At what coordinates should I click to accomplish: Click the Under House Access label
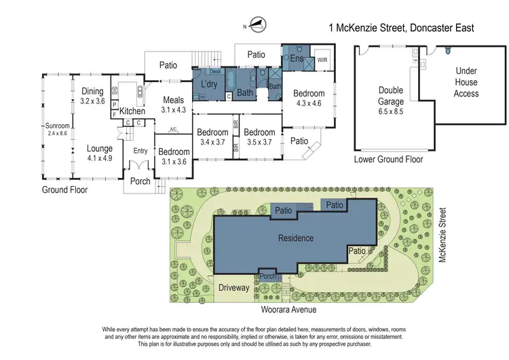[466, 82]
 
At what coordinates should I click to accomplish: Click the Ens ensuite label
[296, 60]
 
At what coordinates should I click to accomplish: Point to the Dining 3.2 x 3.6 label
[92, 96]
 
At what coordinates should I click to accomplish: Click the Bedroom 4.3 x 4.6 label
[309, 98]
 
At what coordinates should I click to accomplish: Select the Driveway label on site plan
[233, 287]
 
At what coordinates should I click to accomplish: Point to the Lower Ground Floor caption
[388, 160]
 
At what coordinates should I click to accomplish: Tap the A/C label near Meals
[172, 129]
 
